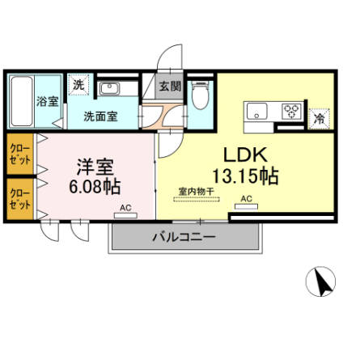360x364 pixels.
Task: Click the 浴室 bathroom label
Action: (x=47, y=101)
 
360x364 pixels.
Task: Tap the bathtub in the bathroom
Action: (x=21, y=100)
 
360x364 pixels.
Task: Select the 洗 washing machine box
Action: (x=78, y=84)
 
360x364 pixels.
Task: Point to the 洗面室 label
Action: (x=100, y=116)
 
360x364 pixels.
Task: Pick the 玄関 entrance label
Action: (x=169, y=86)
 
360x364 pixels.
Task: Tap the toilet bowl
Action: (x=201, y=96)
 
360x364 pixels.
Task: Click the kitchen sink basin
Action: (x=259, y=111)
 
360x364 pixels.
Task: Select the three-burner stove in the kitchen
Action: (x=291, y=111)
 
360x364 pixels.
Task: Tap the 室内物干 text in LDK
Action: (x=196, y=192)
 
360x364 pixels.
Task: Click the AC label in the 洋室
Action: (x=125, y=207)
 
